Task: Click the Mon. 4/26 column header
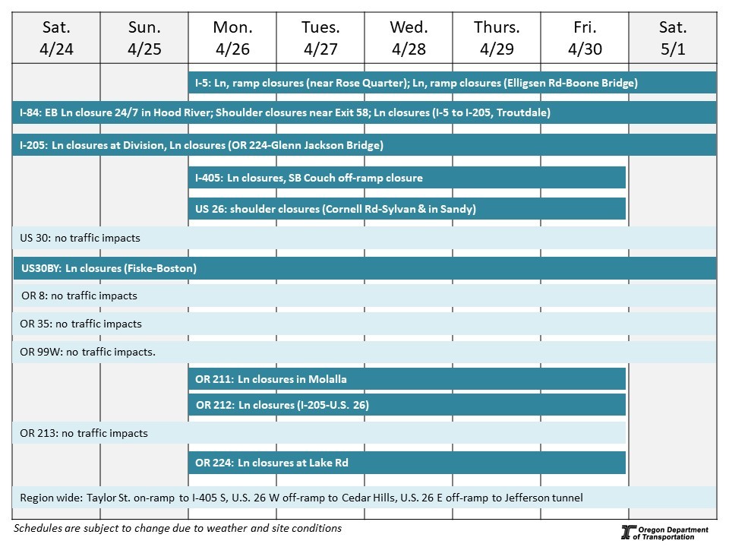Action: tap(232, 38)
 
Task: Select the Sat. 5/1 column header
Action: tap(673, 38)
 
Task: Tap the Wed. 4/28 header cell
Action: tap(409, 38)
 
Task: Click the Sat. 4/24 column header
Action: tap(56, 38)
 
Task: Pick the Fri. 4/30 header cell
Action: tap(585, 38)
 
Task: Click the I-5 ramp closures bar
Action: tap(452, 83)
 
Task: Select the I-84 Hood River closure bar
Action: tap(364, 112)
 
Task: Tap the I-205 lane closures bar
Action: tap(364, 145)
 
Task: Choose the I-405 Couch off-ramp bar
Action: tap(407, 178)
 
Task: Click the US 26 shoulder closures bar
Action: tap(407, 209)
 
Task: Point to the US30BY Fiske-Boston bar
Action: tap(364, 268)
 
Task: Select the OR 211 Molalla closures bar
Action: tap(407, 378)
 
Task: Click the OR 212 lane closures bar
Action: tap(407, 405)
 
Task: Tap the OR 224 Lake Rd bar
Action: tap(407, 462)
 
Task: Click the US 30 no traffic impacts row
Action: tap(364, 238)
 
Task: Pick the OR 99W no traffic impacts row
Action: tap(364, 352)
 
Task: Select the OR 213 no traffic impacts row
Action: tap(319, 433)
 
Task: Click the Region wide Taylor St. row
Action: tap(364, 498)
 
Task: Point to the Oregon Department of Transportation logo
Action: tap(664, 533)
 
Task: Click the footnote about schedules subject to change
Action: tap(178, 528)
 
